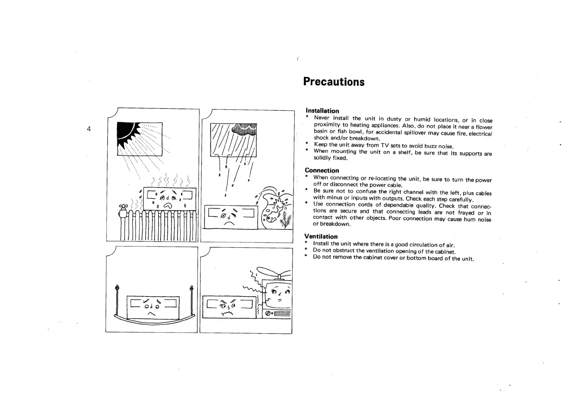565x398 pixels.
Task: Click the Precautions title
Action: [x=334, y=82]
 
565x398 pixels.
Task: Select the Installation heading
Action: [x=322, y=111]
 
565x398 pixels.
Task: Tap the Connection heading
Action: [x=322, y=170]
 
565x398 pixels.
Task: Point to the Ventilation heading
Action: [x=321, y=236]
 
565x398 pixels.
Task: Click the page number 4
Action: [x=89, y=129]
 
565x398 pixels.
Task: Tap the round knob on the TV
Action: [x=268, y=314]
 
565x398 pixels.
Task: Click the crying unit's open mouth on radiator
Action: [x=167, y=206]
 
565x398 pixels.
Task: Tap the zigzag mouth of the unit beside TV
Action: [x=227, y=314]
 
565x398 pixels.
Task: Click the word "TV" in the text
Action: [x=385, y=145]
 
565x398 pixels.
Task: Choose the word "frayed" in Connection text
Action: [x=466, y=213]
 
